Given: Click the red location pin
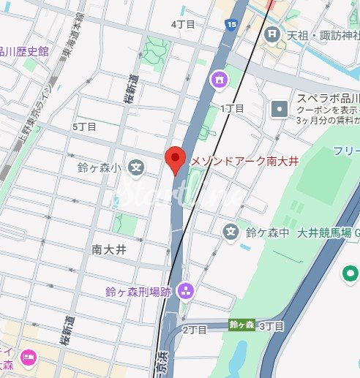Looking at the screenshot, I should pos(173,159).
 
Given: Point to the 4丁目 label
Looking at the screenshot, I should pos(183,24).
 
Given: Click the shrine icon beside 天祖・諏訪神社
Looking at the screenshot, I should pos(272,34).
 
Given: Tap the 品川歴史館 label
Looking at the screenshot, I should pos(23,51).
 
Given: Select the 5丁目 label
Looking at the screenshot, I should pos(85,126).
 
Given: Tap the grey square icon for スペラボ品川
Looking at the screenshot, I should pos(280,110).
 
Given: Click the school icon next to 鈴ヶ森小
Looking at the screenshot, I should pos(136,168).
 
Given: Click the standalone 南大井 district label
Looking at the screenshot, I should pos(110,249).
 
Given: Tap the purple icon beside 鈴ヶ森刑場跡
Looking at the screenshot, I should pos(184,292).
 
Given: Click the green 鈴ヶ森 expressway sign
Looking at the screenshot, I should pos(241,325).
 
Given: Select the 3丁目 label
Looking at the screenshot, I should pos(271,325).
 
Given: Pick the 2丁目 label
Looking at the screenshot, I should pos(195,329).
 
